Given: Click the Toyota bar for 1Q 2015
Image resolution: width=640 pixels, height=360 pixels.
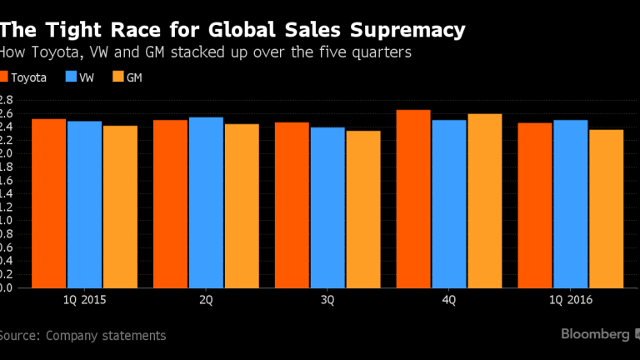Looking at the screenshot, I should click(49, 203).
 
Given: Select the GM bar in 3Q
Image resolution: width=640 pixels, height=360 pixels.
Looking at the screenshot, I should click(363, 209).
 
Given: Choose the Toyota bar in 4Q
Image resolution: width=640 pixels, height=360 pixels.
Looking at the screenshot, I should click(413, 199).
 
